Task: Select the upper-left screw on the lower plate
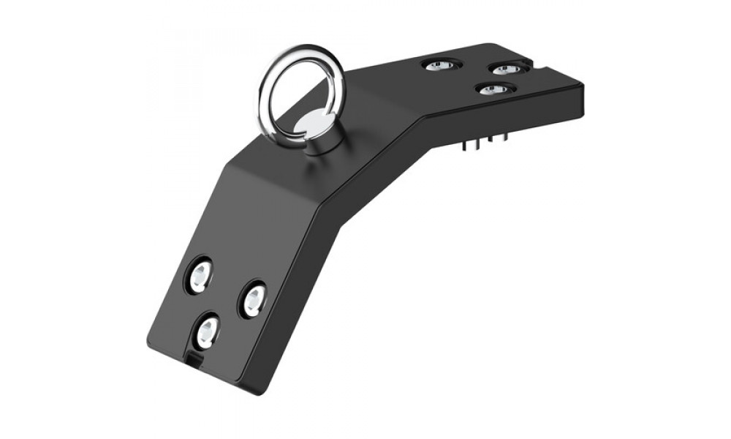[x=199, y=276]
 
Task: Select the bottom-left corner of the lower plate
[x=150, y=344]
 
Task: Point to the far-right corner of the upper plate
[x=583, y=86]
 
